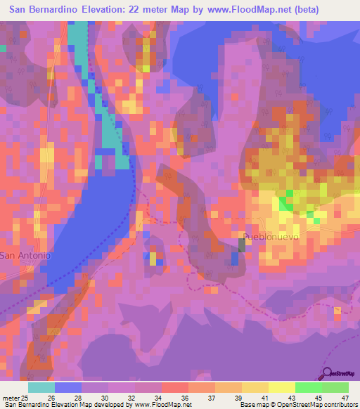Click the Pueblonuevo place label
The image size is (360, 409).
tap(271, 238)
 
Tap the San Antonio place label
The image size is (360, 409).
tap(25, 256)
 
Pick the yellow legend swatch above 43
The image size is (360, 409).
tap(281, 387)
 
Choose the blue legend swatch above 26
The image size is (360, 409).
tap(67, 387)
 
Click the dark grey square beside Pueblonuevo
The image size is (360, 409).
tap(242, 245)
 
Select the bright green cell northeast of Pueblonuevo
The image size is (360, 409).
tap(285, 204)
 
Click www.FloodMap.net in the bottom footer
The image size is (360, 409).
tap(153, 405)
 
